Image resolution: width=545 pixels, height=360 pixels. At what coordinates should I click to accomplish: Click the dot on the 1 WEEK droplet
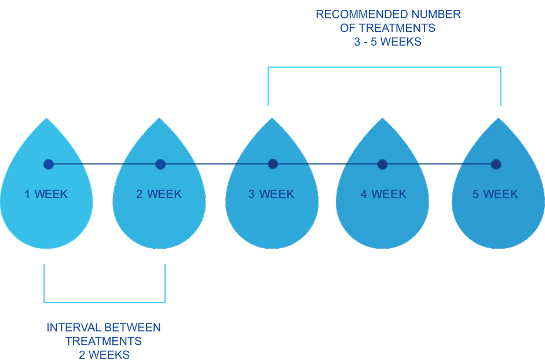pyautogui.click(x=49, y=164)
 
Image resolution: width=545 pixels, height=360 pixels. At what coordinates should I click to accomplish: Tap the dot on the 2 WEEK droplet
pyautogui.click(x=160, y=164)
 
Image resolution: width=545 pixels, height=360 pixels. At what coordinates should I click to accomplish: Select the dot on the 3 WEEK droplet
pyautogui.click(x=272, y=164)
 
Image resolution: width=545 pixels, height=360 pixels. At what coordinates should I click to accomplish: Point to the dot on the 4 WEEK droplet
pyautogui.click(x=382, y=164)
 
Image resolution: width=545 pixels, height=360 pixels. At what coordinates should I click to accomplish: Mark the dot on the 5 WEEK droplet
pyautogui.click(x=496, y=164)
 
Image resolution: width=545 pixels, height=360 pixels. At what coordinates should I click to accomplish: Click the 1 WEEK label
pyautogui.click(x=46, y=194)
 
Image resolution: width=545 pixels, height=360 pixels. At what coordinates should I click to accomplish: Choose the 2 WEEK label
pyautogui.click(x=159, y=194)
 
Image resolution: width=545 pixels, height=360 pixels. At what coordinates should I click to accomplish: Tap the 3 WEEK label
pyautogui.click(x=271, y=194)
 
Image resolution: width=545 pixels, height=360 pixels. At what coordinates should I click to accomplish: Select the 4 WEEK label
pyautogui.click(x=383, y=194)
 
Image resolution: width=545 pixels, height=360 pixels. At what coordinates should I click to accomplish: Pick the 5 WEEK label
pyautogui.click(x=495, y=194)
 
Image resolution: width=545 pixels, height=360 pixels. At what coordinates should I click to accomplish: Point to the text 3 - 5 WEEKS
pyautogui.click(x=388, y=42)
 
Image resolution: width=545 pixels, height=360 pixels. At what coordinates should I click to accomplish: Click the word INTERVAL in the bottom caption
pyautogui.click(x=70, y=328)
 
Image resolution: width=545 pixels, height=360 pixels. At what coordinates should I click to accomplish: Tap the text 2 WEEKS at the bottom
pyautogui.click(x=104, y=354)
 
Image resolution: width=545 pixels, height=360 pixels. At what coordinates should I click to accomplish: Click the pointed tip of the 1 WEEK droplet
pyautogui.click(x=46, y=119)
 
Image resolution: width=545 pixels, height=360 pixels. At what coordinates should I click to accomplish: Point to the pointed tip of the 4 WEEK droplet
pyautogui.click(x=382, y=119)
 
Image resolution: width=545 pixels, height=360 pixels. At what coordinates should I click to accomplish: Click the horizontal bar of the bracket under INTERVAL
pyautogui.click(x=104, y=302)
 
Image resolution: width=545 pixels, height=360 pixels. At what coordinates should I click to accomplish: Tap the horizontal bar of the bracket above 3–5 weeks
pyautogui.click(x=385, y=67)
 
